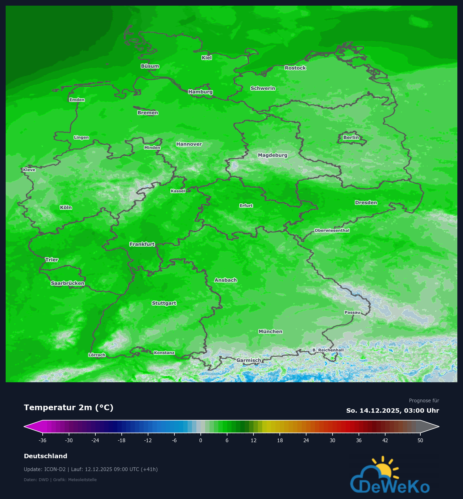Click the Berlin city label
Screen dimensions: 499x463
[x=351, y=137]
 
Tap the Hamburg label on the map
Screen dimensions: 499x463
[x=200, y=92]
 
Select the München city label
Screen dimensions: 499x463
[x=270, y=331]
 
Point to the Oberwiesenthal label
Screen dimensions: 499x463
[x=332, y=230]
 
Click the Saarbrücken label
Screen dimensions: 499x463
[x=68, y=283]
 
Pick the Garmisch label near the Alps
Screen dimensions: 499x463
[x=248, y=360]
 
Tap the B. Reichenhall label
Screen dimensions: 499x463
[x=328, y=350]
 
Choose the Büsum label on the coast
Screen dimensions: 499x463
[x=150, y=66]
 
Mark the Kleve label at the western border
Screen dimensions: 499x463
[x=29, y=170]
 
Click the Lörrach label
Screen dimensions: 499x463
[x=97, y=355]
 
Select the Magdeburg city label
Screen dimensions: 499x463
[x=273, y=155]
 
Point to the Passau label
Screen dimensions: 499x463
[x=352, y=312]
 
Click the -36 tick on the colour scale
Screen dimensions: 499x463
[x=42, y=440]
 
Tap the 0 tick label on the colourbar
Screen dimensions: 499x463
[x=201, y=440]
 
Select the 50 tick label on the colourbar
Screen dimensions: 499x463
[x=420, y=440]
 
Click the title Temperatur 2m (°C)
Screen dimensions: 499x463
[x=69, y=407]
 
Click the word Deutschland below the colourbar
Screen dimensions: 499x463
[x=45, y=456]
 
